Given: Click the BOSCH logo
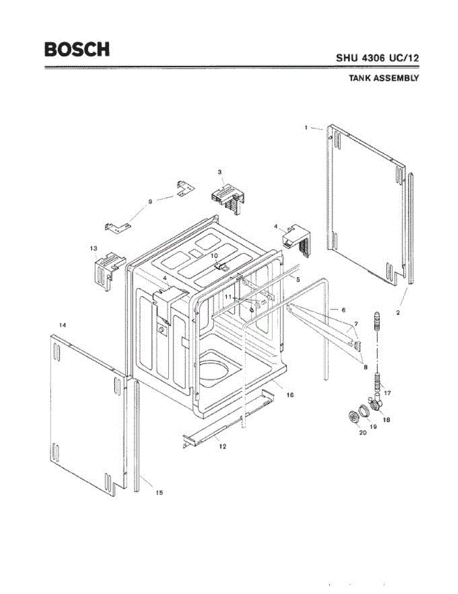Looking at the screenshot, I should point(77,49).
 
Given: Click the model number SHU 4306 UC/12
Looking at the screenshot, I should point(377,57).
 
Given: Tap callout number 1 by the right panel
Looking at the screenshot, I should point(306,127).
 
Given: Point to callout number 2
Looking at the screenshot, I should point(398,312).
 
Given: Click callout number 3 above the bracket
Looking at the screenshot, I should point(219,172).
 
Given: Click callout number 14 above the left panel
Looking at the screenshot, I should point(63,325).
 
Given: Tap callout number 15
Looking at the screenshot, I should point(159,492).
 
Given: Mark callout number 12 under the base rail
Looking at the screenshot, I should point(223,446).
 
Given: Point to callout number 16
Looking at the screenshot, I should point(291,395).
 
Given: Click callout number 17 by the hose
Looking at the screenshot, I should point(388,394).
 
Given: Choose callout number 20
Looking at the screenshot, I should point(362,433).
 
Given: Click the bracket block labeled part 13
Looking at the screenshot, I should point(106,269).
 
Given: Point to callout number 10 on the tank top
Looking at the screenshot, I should point(214,255).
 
